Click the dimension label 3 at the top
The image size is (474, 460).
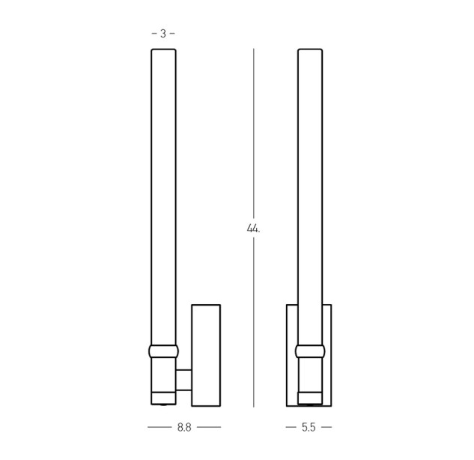click(x=163, y=34)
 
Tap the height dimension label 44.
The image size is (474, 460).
click(x=253, y=229)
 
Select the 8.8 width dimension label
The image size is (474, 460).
click(x=184, y=427)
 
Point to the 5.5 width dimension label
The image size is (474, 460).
click(x=309, y=427)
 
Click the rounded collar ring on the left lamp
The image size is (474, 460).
click(x=163, y=351)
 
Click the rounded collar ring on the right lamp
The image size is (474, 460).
click(x=310, y=351)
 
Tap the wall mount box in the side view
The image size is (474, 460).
click(x=206, y=355)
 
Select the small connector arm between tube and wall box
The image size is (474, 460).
click(x=183, y=380)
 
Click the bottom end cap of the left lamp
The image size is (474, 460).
click(x=163, y=399)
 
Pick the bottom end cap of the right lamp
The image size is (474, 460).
click(x=310, y=399)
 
